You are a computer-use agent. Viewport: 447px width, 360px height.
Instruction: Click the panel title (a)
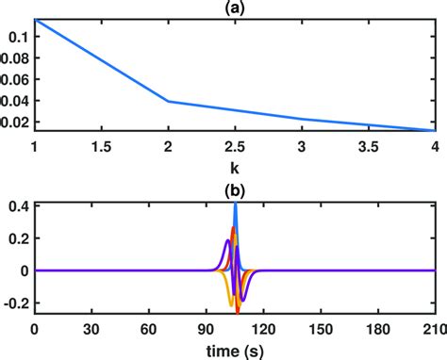pos(235,8)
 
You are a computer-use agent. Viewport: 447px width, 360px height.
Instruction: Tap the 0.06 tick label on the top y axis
pos(13,79)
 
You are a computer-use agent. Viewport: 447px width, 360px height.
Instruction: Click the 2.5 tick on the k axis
pos(235,147)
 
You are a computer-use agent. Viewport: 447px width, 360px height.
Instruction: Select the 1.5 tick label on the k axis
pos(101,147)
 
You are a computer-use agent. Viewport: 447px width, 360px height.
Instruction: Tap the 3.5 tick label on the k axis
pos(369,147)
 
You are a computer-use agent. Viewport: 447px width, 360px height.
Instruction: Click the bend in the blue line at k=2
pos(168,101)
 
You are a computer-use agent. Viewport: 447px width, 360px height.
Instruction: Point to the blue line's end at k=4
pos(435,130)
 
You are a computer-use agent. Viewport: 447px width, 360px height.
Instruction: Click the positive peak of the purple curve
pos(226,241)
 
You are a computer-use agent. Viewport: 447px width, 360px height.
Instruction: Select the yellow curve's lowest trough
pos(230,304)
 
